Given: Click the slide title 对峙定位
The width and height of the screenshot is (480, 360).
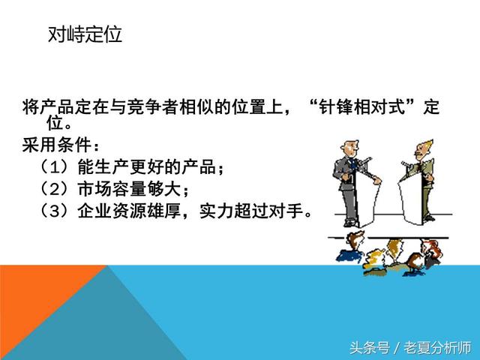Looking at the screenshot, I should [x=85, y=35].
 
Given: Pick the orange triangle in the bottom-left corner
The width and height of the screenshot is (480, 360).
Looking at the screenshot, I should [x=37, y=315].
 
